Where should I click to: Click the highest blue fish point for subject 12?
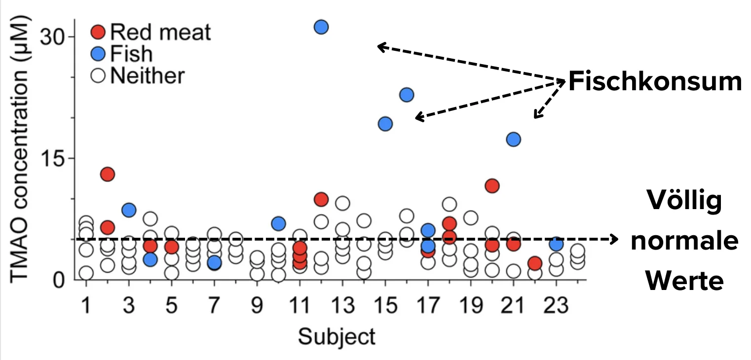(x=321, y=27)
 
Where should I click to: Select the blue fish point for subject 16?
(x=407, y=95)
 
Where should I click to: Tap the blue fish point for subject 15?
(x=385, y=124)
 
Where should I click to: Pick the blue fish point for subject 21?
(x=514, y=140)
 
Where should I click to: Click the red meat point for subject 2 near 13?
(x=108, y=174)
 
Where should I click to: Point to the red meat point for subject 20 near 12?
(x=492, y=186)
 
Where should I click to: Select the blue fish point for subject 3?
(x=129, y=210)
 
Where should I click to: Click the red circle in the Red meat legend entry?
(x=99, y=33)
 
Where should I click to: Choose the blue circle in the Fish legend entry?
(x=99, y=54)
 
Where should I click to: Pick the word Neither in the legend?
(x=148, y=76)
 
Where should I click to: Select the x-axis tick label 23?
(x=556, y=307)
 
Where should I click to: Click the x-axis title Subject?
(x=337, y=337)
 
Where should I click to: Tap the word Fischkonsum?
(x=655, y=82)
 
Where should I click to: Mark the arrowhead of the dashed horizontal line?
(x=614, y=239)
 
